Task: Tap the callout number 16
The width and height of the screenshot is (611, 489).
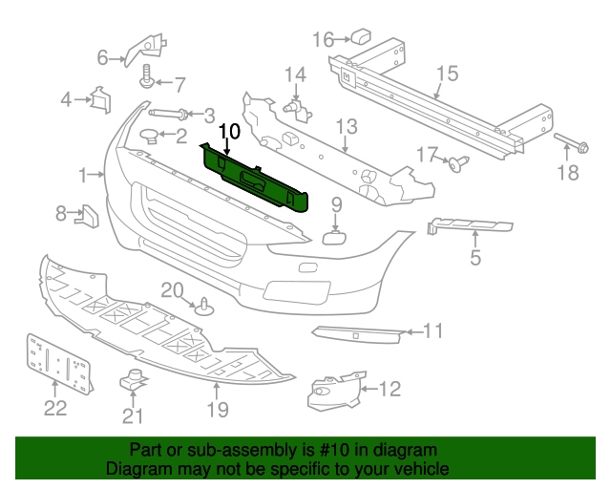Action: pyautogui.click(x=324, y=39)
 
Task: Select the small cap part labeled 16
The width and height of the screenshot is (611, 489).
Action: pyautogui.click(x=361, y=35)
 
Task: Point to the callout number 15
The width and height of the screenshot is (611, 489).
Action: pyautogui.click(x=448, y=74)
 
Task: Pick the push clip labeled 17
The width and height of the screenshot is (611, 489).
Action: pyautogui.click(x=458, y=162)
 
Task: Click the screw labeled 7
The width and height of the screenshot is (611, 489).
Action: pyautogui.click(x=147, y=76)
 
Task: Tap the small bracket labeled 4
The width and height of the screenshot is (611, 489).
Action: pyautogui.click(x=101, y=99)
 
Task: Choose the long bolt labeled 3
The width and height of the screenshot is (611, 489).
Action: pyautogui.click(x=169, y=114)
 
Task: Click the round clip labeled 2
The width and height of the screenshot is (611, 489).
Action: pyautogui.click(x=150, y=137)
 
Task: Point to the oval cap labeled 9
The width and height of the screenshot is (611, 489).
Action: pyautogui.click(x=334, y=237)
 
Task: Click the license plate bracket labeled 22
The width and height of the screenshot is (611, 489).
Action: pyautogui.click(x=59, y=363)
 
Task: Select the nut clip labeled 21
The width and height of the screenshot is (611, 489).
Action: pyautogui.click(x=134, y=379)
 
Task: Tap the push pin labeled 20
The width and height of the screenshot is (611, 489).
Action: pyautogui.click(x=204, y=307)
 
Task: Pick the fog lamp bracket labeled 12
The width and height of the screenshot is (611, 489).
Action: pyautogui.click(x=336, y=392)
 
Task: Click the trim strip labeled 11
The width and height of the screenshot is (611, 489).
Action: pyautogui.click(x=358, y=335)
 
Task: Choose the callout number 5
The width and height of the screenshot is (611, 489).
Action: pyautogui.click(x=475, y=257)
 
